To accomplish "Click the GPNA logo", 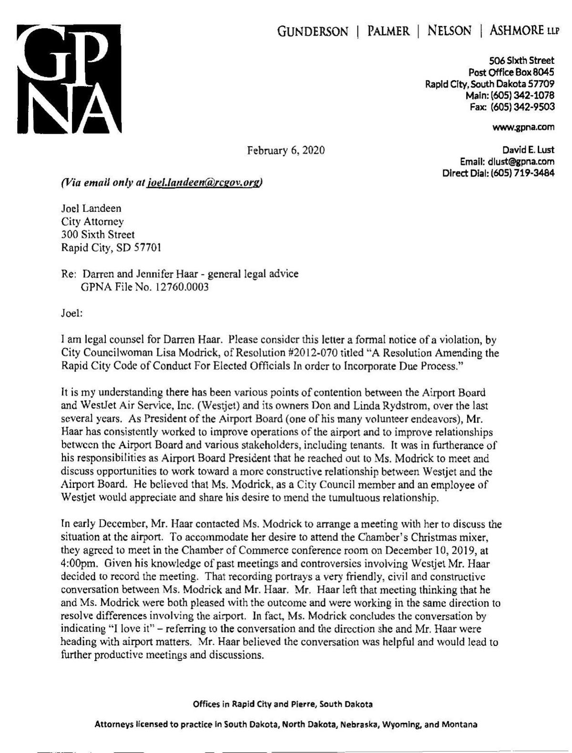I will coord(67,79).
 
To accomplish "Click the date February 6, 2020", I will coord(286,151).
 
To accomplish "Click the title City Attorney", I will coord(92,221).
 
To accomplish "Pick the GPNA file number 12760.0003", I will coord(182,287).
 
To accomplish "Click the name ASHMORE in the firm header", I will coord(516,31).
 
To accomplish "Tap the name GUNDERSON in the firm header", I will coord(313,32).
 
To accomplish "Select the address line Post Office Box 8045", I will coord(511,72).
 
